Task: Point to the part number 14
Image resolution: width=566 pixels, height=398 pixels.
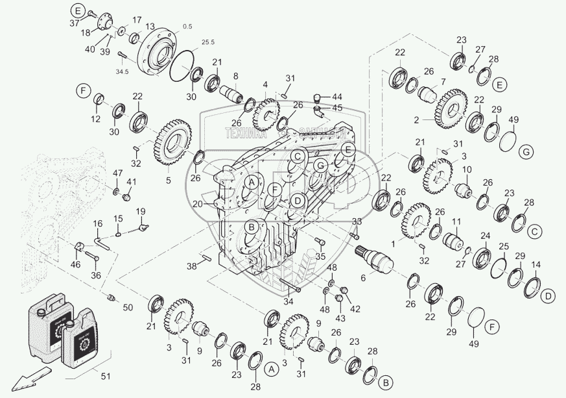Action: [536, 265]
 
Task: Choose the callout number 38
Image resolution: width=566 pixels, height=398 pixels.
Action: [191, 266]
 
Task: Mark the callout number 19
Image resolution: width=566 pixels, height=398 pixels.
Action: [141, 212]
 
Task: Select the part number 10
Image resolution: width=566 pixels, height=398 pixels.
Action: [466, 170]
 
